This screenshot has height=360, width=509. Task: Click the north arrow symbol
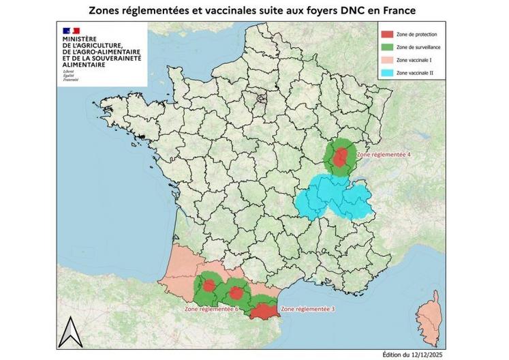click(69, 333)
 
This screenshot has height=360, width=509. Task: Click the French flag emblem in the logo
click(71, 31)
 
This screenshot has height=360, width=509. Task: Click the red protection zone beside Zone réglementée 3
click(262, 312)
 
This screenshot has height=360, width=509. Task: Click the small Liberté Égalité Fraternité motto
click(70, 76)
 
